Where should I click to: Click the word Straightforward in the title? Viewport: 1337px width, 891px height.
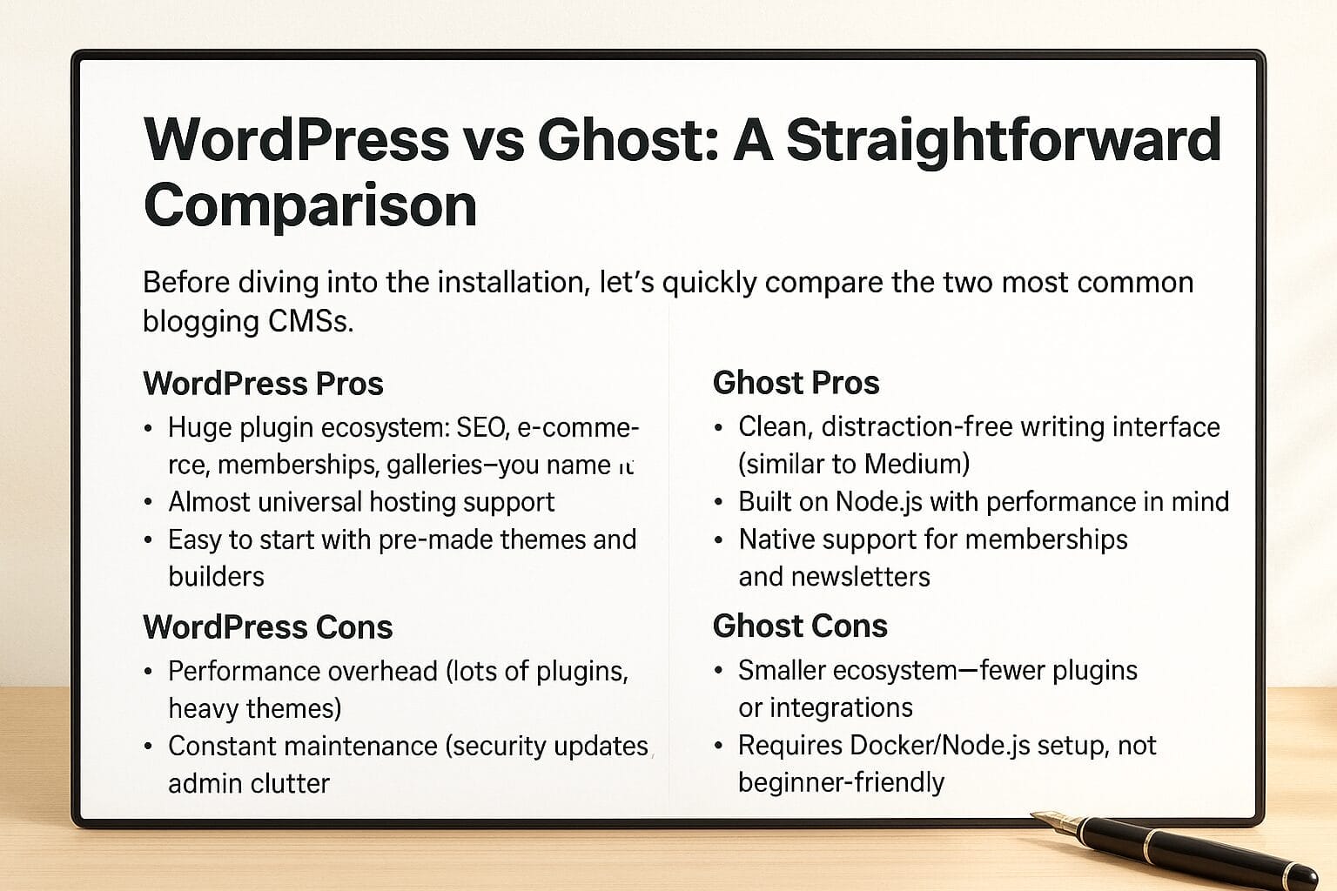click(1004, 141)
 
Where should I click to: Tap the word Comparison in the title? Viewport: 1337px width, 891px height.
click(311, 206)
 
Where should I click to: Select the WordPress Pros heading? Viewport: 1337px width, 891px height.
click(263, 383)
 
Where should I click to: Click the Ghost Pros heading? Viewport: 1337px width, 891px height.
click(796, 383)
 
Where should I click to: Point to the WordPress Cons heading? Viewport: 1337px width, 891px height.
click(268, 627)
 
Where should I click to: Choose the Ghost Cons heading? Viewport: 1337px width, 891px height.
click(801, 626)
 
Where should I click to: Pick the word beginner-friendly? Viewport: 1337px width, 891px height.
click(842, 783)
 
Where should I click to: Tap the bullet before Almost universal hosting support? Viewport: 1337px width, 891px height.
click(148, 503)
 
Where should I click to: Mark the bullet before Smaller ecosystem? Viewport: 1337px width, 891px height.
click(718, 672)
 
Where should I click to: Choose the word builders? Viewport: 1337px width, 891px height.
click(216, 577)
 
